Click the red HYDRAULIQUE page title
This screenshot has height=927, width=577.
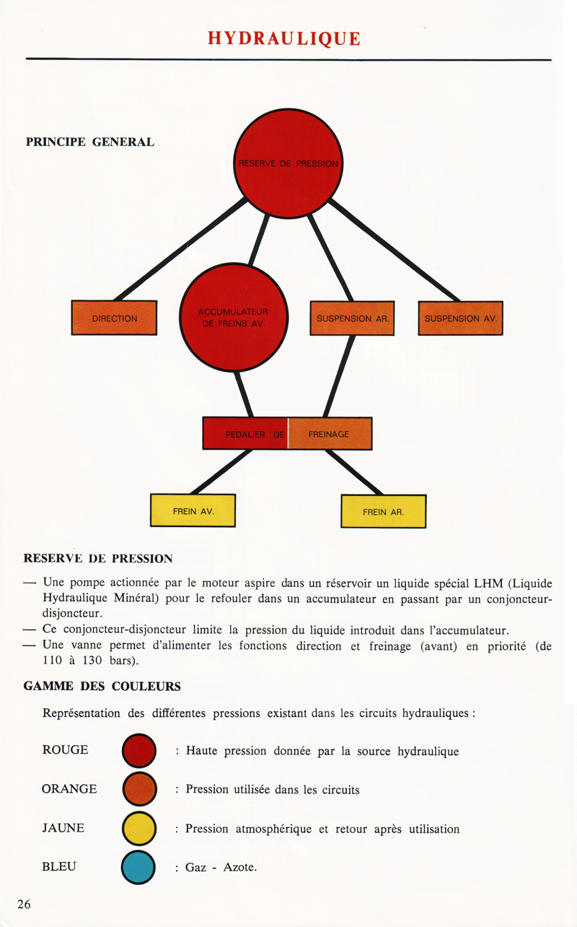coord(284,38)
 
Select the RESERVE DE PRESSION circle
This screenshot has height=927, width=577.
coord(288,163)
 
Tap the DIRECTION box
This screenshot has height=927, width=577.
coord(114,318)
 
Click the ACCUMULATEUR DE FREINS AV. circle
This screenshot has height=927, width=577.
coord(233,318)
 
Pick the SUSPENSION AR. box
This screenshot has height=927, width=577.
coord(352,318)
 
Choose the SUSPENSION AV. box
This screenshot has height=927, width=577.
coord(460,318)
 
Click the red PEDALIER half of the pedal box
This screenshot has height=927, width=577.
coord(245,434)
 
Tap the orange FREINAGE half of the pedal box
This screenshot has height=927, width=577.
coord(330,434)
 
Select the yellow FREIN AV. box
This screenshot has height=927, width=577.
coord(193,510)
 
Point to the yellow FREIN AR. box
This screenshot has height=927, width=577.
coord(383,511)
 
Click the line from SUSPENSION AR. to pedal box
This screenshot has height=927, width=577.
coord(339,375)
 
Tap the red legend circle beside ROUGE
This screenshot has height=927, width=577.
coord(139,751)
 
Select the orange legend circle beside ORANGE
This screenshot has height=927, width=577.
coord(139,789)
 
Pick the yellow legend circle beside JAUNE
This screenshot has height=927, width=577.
coord(139,828)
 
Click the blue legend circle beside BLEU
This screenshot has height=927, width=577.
coord(139,867)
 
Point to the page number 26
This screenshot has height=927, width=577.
coord(24,905)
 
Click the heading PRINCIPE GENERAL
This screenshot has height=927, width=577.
coord(90,142)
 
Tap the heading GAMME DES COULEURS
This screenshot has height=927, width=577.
coord(102,686)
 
